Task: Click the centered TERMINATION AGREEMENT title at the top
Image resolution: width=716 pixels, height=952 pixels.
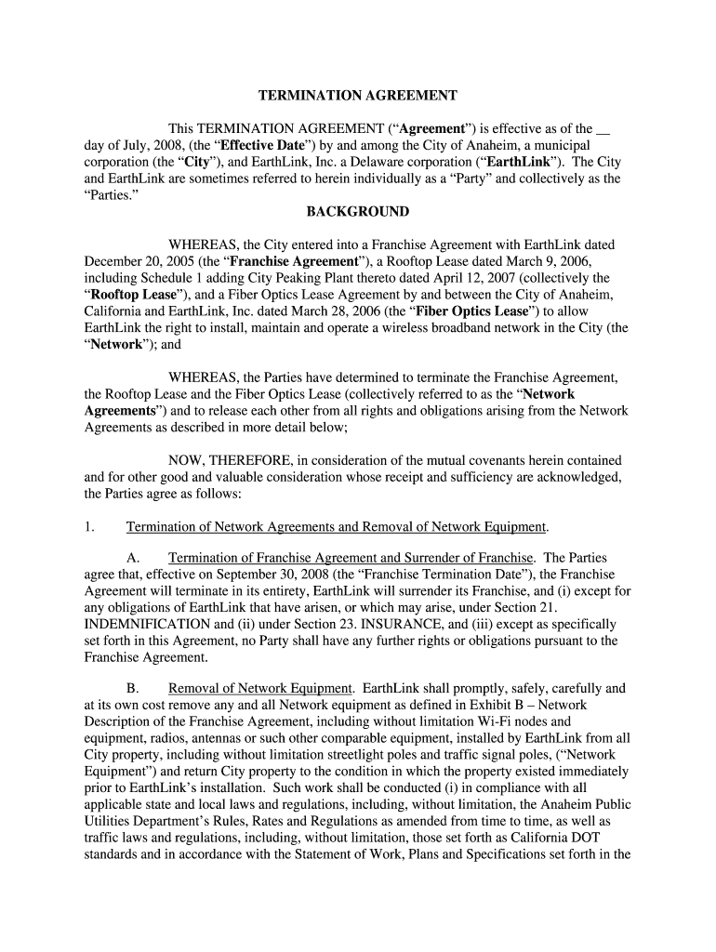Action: [x=358, y=95]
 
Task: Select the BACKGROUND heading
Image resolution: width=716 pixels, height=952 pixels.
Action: [x=358, y=212]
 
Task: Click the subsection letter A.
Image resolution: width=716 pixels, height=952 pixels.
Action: [x=132, y=558]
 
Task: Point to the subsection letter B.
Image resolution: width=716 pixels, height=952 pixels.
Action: [x=132, y=689]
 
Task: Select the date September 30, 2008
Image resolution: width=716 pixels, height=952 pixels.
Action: [x=285, y=575]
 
